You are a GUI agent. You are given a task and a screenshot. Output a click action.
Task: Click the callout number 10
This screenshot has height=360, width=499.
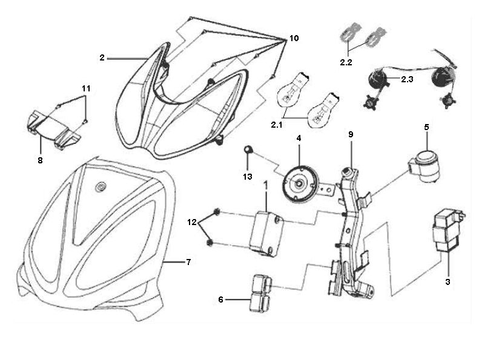pos(293,38)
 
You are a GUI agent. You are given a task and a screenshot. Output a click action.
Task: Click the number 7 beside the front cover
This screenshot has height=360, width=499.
pos(188,262)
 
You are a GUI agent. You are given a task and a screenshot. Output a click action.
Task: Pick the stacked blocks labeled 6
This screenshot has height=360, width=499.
pos(259,293)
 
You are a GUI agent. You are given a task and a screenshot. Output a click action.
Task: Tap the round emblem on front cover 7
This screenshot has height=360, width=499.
pos(100,187)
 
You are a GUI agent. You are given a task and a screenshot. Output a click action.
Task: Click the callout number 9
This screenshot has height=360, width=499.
pos(349,134)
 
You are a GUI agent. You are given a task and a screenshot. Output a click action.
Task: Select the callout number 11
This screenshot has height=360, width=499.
pos(86,88)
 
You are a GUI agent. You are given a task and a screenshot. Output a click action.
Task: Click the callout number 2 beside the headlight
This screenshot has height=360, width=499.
pos(102,57)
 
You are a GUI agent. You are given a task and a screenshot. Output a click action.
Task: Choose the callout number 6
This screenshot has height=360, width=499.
pos(221,299)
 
